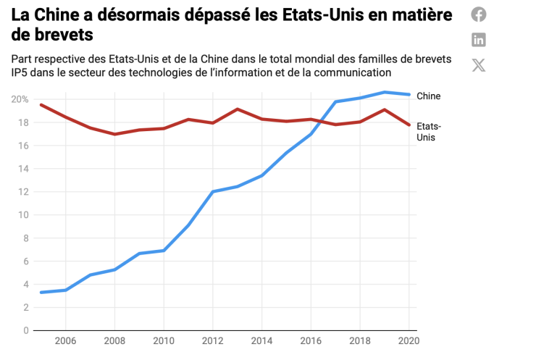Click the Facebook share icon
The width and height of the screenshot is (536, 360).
pos(479,14)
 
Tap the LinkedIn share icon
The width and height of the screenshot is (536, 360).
pos(479,40)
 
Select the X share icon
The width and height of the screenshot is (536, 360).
pos(479,65)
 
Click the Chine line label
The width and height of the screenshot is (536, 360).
pos(428,96)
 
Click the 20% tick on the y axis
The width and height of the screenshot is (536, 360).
pos(20,99)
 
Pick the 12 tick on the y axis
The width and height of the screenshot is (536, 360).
pos(22,192)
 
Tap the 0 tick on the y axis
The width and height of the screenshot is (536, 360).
pos(25,331)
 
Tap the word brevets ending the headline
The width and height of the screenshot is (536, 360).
pos(64,34)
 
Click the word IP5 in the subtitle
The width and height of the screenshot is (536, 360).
pos(21,72)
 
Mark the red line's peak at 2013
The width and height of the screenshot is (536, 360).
pos(238,109)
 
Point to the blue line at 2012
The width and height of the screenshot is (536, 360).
pos(212,192)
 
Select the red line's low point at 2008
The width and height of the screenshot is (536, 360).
pos(115,134)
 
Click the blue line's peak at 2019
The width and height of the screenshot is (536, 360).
pos(384,92)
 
